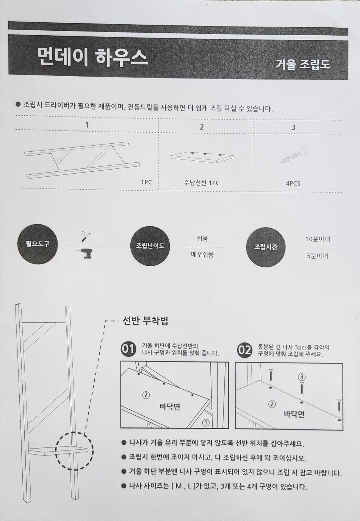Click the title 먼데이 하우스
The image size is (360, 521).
click(x=92, y=58)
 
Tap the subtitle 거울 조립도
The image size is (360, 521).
click(x=303, y=64)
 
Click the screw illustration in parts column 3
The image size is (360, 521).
click(x=294, y=155)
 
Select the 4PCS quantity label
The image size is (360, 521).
click(x=293, y=184)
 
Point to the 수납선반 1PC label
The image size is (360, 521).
click(x=202, y=183)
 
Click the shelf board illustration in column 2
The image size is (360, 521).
click(x=202, y=157)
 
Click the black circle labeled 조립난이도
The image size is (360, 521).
click(x=150, y=246)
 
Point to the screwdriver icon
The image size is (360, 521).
click(x=85, y=237)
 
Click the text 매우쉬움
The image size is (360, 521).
click(x=202, y=255)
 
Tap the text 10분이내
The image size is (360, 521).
click(x=318, y=239)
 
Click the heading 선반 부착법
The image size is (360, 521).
click(x=145, y=321)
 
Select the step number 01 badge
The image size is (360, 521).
click(x=128, y=350)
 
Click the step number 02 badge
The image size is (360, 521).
click(x=244, y=350)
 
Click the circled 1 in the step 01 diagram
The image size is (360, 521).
click(x=206, y=423)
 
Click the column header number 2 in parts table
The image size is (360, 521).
click(x=202, y=127)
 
